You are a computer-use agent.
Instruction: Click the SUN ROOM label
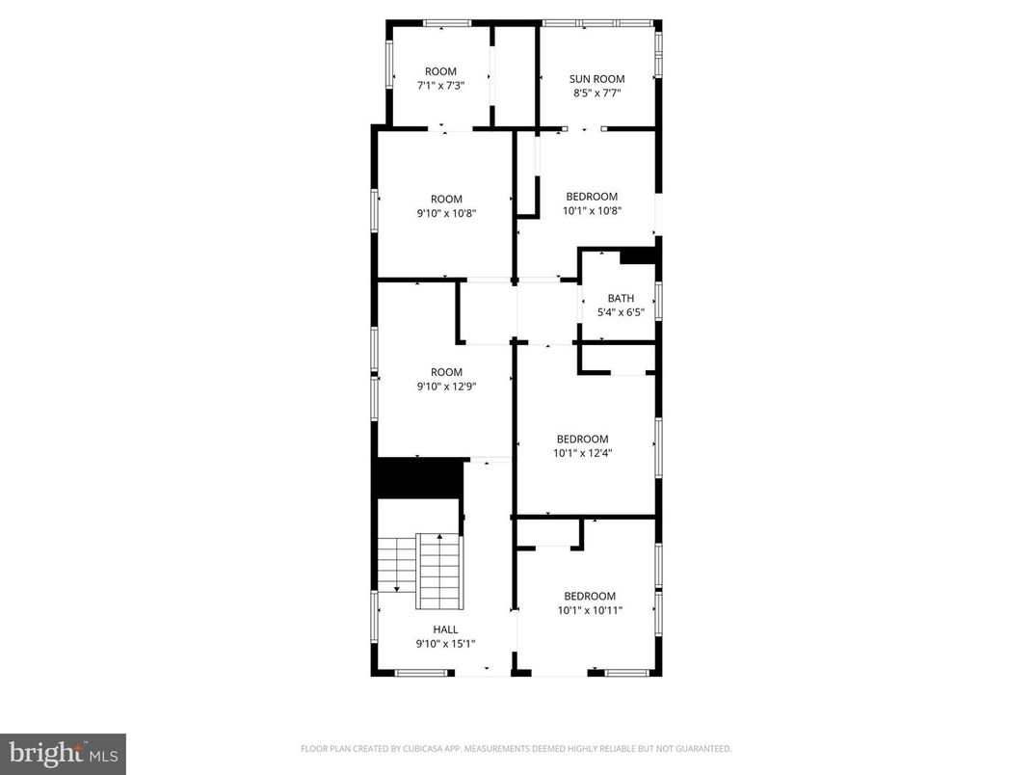596,79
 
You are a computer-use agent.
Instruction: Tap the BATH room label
621,298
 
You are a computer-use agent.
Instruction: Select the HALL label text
444,629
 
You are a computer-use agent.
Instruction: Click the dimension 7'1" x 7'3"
440,86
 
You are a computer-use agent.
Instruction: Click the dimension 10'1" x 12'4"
582,453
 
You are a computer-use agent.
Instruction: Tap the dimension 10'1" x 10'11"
590,610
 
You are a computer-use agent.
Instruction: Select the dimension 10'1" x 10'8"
592,210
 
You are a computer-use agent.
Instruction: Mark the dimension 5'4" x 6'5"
621,312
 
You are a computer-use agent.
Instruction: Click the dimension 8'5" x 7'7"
596,94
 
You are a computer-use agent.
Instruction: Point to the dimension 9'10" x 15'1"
444,644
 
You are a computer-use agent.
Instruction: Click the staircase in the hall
421,570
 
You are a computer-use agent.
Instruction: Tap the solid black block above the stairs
420,478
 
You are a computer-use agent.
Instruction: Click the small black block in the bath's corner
637,255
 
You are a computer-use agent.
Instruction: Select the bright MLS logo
63,754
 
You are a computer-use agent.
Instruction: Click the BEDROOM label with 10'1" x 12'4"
582,439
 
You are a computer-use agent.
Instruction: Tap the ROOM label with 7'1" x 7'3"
440,71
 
